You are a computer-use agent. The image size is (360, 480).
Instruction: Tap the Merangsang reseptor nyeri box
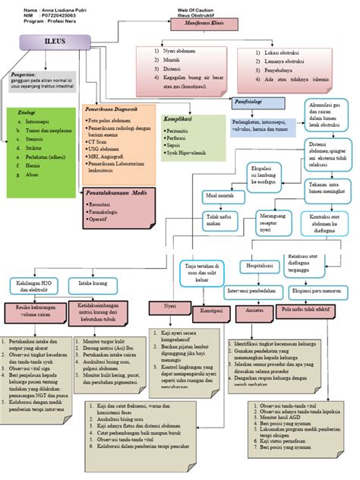(x=270, y=223)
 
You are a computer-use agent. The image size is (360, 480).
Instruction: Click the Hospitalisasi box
(x=260, y=267)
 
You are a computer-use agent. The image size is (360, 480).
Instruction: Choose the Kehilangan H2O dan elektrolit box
(x=33, y=286)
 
